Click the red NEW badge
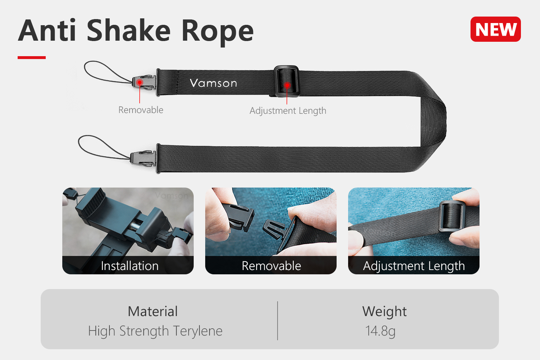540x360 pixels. [x=495, y=29]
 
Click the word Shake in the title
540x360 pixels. [x=129, y=31]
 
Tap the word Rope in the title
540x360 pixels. [x=218, y=32]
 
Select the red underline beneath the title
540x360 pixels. [x=32, y=57]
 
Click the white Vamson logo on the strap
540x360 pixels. [x=213, y=83]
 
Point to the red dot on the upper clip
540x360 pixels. [x=140, y=83]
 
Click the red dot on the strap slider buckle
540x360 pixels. [x=287, y=85]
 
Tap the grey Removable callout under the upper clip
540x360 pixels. [x=141, y=110]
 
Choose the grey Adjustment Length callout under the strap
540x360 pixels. [x=288, y=111]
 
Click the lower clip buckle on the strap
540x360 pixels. [x=143, y=158]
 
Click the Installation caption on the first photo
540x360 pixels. [x=130, y=266]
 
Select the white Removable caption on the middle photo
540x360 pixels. [x=271, y=266]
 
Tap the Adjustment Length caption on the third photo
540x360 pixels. [x=414, y=266]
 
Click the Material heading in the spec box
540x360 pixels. [x=153, y=311]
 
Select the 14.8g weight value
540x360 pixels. [x=381, y=331]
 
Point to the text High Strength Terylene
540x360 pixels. [x=155, y=331]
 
